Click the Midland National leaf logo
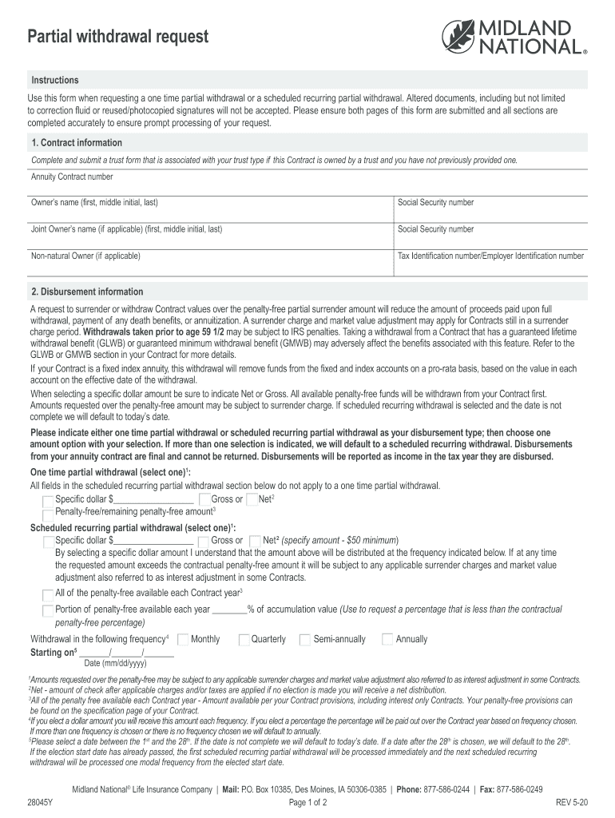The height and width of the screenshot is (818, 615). [461, 37]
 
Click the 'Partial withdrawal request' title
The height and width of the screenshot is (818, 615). [118, 37]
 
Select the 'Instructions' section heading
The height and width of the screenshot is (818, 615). [55, 81]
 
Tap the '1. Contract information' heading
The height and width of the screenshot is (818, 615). [77, 143]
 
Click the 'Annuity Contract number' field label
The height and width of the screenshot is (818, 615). [72, 177]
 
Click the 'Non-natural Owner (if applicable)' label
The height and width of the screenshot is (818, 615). [85, 256]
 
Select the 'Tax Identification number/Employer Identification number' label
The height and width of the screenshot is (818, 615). [490, 256]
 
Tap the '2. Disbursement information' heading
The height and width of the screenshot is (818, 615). [87, 292]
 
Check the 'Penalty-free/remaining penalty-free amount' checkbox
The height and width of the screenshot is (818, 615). [49, 512]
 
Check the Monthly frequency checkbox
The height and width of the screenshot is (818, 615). [183, 639]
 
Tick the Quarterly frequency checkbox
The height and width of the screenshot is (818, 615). [244, 639]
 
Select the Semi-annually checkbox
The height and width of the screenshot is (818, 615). [305, 639]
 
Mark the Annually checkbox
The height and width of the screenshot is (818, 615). [388, 639]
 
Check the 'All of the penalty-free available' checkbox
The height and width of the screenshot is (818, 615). [47, 594]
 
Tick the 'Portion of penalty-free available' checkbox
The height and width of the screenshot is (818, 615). [47, 610]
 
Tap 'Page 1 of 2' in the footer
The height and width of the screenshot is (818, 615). [307, 802]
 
